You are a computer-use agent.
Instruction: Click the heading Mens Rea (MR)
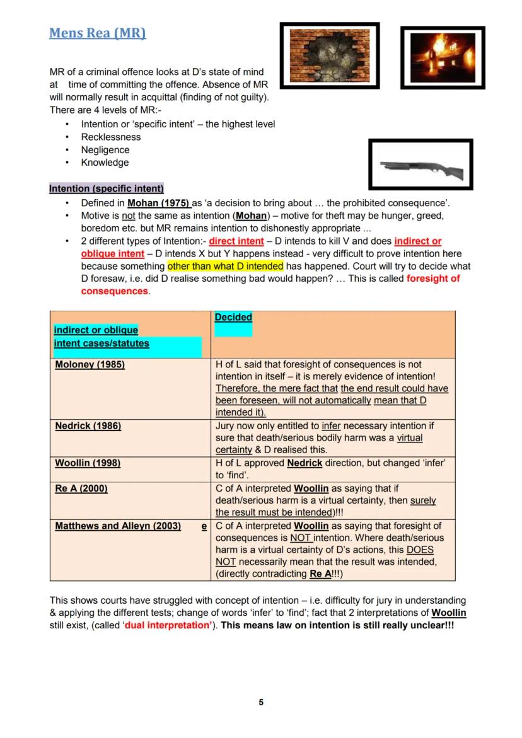[x=98, y=33]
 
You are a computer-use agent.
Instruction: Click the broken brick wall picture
[x=330, y=55]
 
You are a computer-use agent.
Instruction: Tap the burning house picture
[x=443, y=58]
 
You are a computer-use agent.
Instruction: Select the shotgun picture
[x=420, y=166]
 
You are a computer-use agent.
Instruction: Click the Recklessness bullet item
[x=111, y=137]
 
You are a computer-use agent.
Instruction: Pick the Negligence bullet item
[x=105, y=150]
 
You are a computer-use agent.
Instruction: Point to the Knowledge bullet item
[x=105, y=163]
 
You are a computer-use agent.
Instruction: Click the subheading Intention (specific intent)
[x=107, y=188]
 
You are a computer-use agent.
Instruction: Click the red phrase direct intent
[x=236, y=241]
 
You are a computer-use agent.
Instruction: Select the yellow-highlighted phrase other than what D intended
[x=225, y=267]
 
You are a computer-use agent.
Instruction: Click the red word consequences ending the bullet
[x=115, y=292]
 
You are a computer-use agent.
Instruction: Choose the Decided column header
[x=233, y=318]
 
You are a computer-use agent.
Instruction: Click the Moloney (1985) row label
[x=90, y=365]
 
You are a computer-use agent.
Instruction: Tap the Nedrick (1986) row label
[x=88, y=426]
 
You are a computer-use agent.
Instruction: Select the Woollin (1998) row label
[x=88, y=463]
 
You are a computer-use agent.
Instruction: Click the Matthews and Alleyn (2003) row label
[x=118, y=526]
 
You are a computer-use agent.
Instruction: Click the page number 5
[x=261, y=703]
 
